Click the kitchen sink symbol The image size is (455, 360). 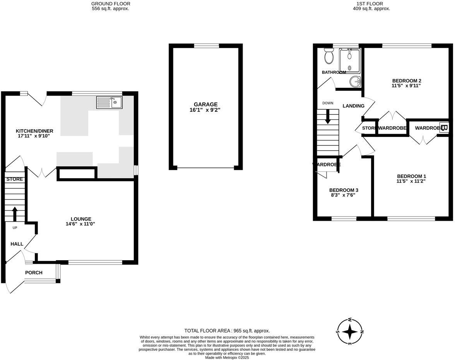[x=109, y=102]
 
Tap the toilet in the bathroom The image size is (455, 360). [x=329, y=56]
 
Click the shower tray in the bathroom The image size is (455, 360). [x=349, y=60]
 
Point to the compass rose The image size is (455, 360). [x=350, y=331]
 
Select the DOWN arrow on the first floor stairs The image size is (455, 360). [x=328, y=116]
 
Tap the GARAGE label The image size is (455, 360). [x=206, y=104]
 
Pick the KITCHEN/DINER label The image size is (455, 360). [x=34, y=131]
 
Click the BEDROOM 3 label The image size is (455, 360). [x=344, y=190]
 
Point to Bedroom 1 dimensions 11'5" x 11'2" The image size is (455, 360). [x=411, y=181]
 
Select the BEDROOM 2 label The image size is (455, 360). [x=406, y=81]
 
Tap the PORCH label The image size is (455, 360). [x=34, y=273]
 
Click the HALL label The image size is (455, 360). [x=17, y=244]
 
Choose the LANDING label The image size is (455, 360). [x=353, y=106]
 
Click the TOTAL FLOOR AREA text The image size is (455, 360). [x=227, y=331]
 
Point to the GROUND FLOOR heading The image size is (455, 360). [x=110, y=3]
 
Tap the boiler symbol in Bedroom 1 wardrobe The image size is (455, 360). [x=443, y=127]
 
